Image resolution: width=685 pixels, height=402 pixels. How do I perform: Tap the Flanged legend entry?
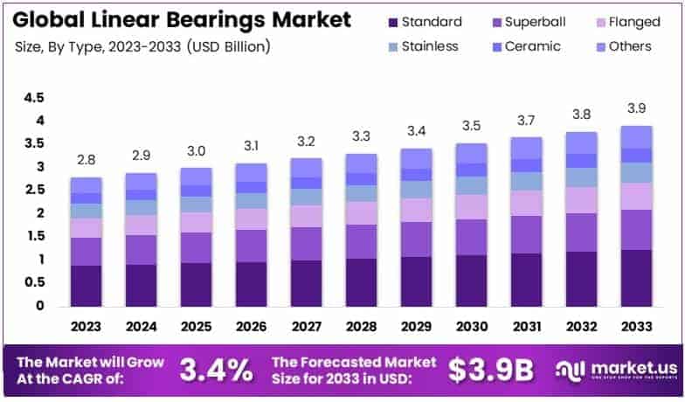pyautogui.click(x=615, y=22)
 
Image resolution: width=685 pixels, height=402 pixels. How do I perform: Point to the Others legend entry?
pyautogui.click(x=618, y=45)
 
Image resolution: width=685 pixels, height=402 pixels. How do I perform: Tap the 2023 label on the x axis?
pyautogui.click(x=86, y=326)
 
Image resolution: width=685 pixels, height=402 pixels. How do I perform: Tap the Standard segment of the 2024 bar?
pyautogui.click(x=141, y=285)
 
